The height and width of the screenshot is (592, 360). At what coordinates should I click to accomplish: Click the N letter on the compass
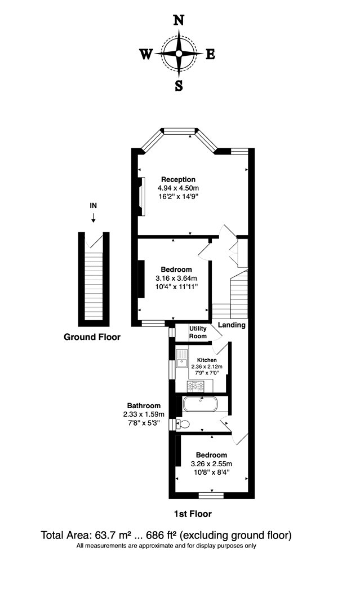179,21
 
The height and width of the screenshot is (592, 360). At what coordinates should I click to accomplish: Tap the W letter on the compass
146,55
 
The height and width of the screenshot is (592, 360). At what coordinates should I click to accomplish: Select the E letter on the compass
210,55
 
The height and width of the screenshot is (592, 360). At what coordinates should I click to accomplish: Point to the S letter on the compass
179,86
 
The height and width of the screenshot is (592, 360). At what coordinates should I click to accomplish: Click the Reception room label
178,180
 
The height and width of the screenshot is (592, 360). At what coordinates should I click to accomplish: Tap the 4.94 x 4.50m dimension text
178,188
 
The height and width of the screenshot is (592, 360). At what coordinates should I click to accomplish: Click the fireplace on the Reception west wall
143,196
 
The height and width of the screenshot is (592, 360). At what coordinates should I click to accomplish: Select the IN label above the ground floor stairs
94,206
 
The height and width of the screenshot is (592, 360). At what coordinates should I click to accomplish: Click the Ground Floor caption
92,337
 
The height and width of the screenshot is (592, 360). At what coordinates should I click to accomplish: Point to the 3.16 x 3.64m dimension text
176,279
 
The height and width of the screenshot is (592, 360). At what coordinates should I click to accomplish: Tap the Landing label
232,325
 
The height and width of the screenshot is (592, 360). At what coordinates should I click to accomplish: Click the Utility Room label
198,332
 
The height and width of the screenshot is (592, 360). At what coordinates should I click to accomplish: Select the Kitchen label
207,360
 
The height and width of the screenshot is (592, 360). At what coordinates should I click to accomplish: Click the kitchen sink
182,358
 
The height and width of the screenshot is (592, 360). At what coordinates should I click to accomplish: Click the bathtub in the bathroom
201,405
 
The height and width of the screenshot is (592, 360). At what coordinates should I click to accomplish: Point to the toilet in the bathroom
182,425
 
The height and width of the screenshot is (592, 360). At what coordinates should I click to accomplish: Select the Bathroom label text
144,405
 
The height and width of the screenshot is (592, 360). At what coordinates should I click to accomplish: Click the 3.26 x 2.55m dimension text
211,465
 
